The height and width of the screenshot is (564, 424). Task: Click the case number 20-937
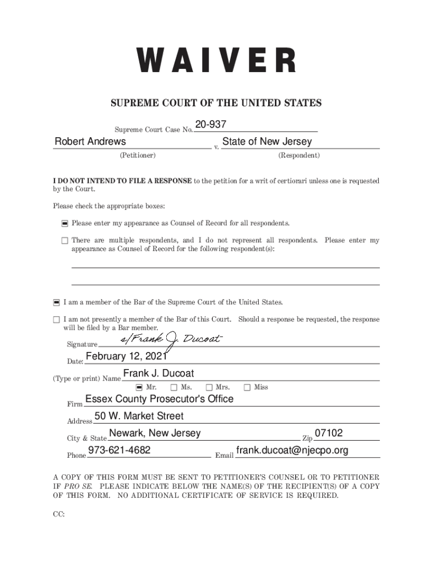coord(210,126)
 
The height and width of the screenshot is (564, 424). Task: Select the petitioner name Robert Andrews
coord(90,142)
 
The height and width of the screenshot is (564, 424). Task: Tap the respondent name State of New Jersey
coord(267,142)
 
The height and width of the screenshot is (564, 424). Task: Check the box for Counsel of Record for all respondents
coord(64,224)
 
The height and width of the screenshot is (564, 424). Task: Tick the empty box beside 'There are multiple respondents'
coord(64,241)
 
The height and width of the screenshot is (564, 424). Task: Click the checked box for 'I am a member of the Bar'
coord(56,302)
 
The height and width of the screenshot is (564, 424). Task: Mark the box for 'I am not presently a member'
coord(56,319)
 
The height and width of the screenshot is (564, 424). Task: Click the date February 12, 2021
coord(126,357)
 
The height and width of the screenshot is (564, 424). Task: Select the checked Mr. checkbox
coord(139,387)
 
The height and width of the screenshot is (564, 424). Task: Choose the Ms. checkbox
coord(174,387)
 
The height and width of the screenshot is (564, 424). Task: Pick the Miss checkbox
coord(247,387)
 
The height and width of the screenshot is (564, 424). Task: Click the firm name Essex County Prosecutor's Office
coord(159,399)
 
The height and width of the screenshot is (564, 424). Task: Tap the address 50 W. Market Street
coord(139,416)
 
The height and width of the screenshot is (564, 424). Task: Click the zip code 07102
coord(328,433)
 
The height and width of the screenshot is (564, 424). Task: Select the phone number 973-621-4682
coord(119,451)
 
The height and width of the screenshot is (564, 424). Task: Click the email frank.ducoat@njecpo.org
coord(292,451)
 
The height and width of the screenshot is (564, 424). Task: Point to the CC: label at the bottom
coord(58,514)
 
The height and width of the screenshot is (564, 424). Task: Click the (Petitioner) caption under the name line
coord(137,155)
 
